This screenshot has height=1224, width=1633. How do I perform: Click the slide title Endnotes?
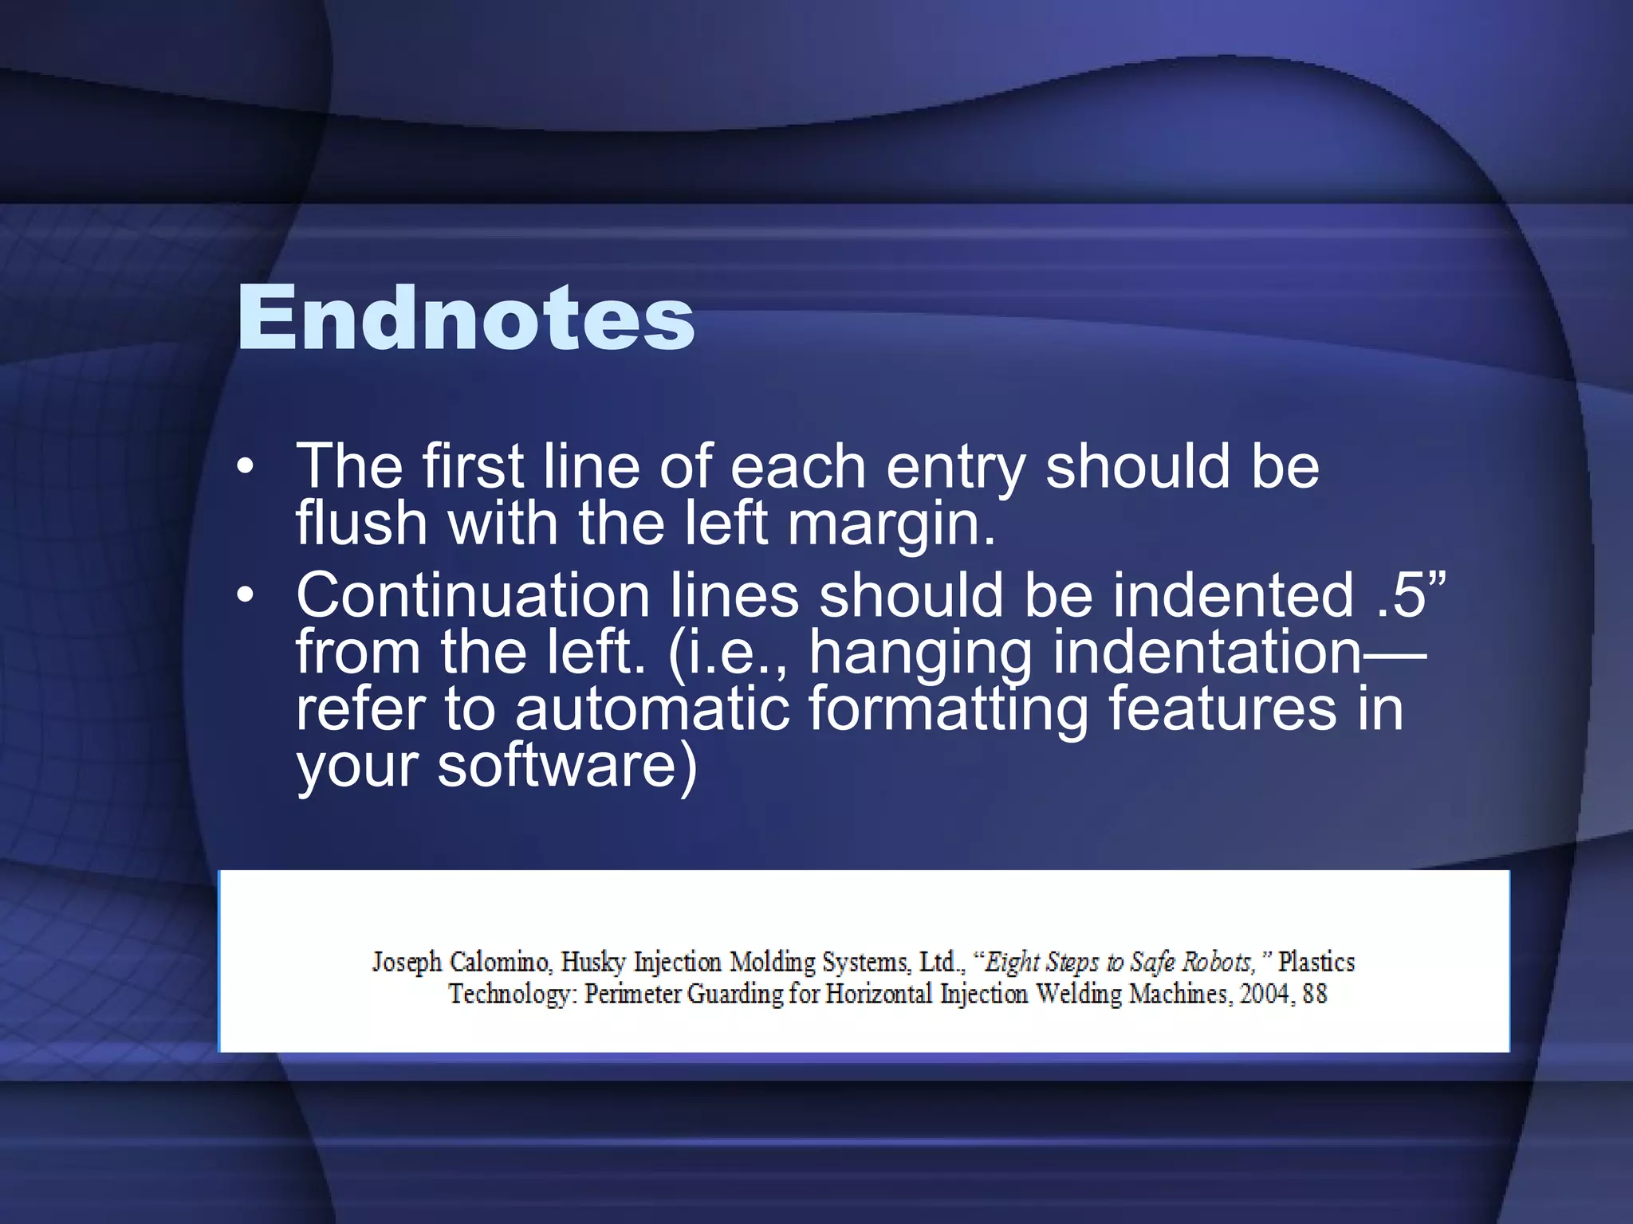(x=466, y=319)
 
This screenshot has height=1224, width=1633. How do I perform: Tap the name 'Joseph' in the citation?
(x=407, y=963)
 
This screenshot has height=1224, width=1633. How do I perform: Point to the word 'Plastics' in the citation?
(x=1316, y=962)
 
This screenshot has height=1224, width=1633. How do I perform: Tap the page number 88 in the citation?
(x=1315, y=994)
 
